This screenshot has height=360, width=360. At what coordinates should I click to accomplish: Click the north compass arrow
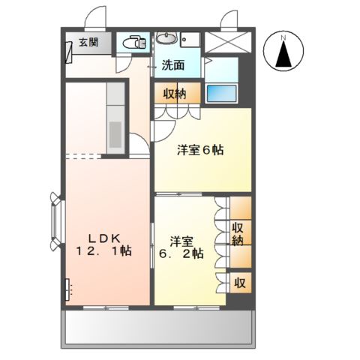click(x=283, y=55)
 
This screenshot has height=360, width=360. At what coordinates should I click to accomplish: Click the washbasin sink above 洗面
click(x=167, y=39)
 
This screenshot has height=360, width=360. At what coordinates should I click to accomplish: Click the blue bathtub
click(x=220, y=94)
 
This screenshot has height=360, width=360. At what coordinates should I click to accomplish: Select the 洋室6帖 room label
click(x=199, y=149)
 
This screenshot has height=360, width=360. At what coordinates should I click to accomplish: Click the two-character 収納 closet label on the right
click(x=238, y=234)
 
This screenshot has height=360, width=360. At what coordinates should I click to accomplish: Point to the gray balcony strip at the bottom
click(x=157, y=328)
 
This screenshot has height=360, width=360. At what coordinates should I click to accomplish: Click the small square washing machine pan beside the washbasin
click(x=192, y=40)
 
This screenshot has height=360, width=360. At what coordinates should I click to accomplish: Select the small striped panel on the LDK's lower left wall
click(x=67, y=288)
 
